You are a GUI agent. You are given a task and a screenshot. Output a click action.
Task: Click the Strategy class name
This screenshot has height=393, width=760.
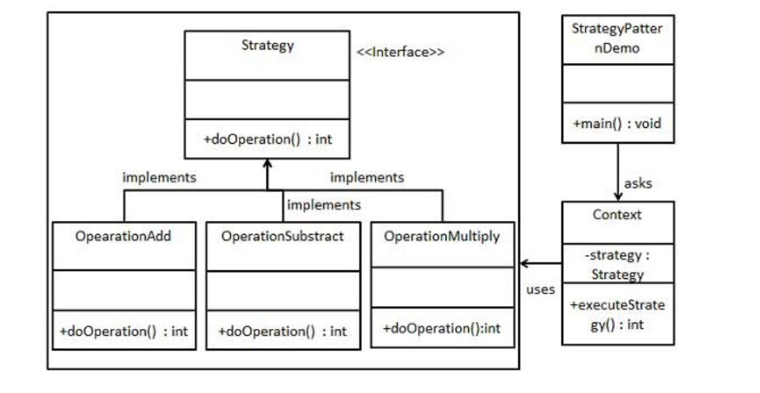[267, 46]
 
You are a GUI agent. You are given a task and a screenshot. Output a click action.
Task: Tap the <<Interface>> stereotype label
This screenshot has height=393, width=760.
[400, 52]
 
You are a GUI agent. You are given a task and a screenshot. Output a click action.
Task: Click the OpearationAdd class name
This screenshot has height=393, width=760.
[124, 235]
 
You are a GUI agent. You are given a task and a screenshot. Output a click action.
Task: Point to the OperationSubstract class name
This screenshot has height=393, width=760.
[282, 236]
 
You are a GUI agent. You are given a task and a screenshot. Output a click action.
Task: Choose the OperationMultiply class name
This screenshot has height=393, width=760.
[441, 237]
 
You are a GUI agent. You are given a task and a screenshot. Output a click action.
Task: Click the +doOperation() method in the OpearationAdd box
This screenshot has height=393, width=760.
[124, 331]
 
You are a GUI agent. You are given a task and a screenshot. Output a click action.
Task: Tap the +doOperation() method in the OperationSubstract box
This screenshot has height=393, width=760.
[282, 331]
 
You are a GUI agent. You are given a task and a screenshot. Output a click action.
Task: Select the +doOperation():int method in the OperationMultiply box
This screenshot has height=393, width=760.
[441, 328]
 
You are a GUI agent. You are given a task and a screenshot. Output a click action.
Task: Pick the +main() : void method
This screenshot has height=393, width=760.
[618, 124]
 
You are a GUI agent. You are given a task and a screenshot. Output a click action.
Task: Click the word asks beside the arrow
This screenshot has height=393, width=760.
[638, 183]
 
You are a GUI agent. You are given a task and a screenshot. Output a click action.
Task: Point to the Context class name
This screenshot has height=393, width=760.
[618, 216]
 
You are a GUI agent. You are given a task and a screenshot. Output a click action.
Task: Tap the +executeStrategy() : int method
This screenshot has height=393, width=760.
[618, 315]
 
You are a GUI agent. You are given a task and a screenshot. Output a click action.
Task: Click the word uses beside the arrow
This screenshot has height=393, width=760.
[540, 290]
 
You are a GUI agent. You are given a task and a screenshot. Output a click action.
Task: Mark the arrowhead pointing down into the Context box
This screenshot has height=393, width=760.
[618, 196]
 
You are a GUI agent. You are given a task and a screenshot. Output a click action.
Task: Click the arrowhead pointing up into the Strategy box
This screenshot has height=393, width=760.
[267, 164]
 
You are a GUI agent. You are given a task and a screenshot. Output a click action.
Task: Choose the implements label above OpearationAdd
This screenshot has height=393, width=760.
[160, 177]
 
